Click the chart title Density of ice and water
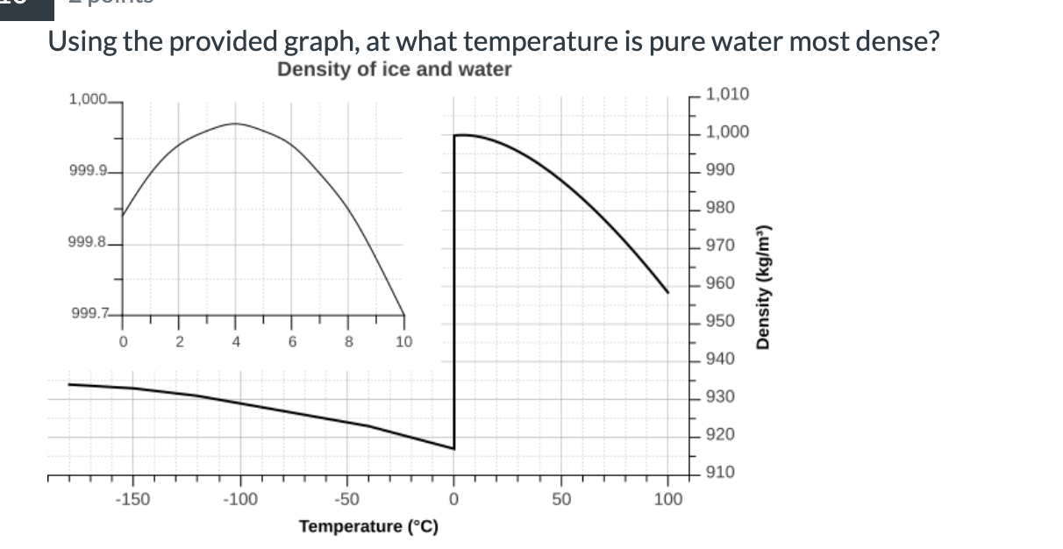tap(394, 69)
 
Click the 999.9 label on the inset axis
tap(86, 170)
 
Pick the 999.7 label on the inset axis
tap(86, 314)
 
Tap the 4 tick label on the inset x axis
tap(236, 342)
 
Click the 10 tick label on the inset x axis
tap(403, 342)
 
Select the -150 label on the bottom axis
tap(132, 500)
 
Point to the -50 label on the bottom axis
tap(346, 500)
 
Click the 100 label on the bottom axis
tap(668, 500)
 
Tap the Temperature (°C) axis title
tap(368, 526)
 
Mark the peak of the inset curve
tap(235, 124)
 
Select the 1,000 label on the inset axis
tap(86, 100)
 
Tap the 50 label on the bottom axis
tap(561, 500)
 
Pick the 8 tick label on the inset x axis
tap(347, 342)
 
